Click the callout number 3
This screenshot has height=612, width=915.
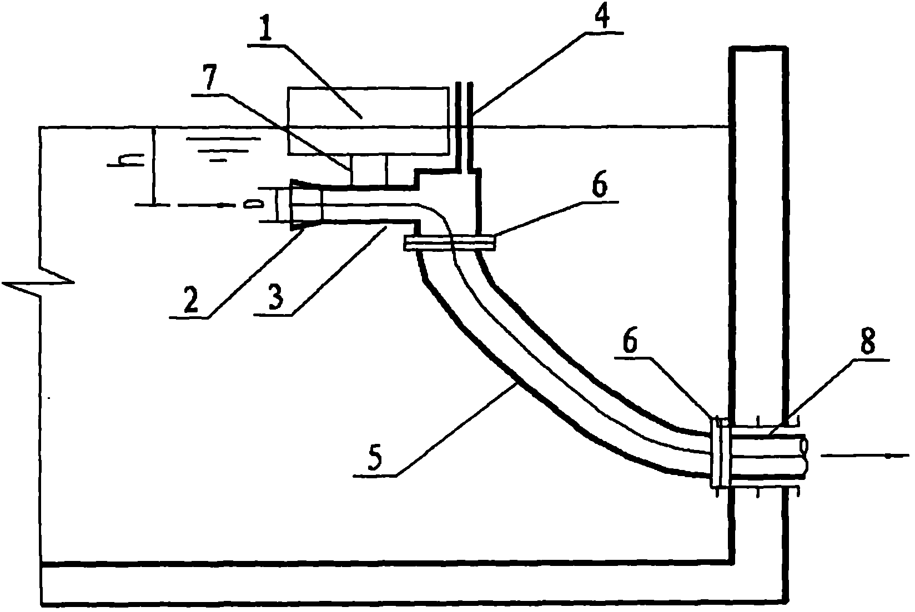(276, 297)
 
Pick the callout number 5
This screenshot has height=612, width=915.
(374, 458)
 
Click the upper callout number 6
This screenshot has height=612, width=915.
(599, 185)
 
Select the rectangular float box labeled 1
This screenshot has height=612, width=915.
(368, 121)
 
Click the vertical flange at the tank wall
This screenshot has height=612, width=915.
(720, 454)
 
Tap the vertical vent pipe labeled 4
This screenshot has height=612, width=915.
(464, 126)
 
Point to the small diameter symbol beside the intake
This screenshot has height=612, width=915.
(253, 204)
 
